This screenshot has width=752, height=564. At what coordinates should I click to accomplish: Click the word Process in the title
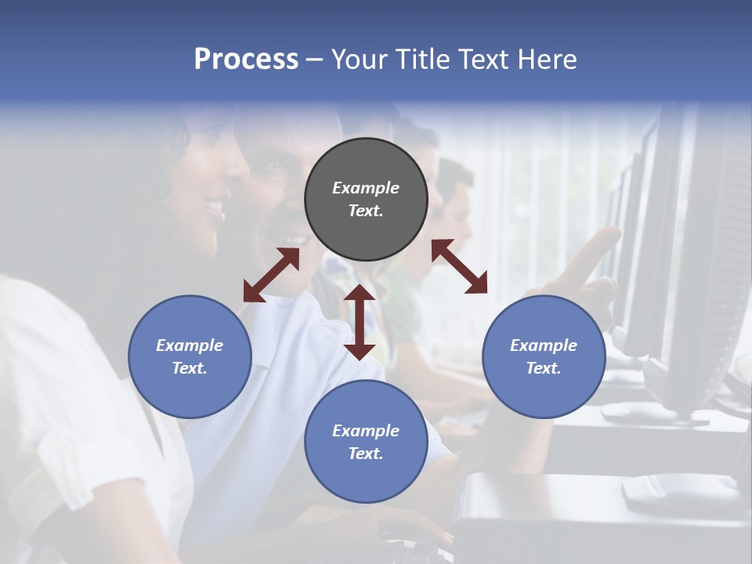coord(246,60)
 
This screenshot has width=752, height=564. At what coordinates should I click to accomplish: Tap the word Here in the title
coord(546,60)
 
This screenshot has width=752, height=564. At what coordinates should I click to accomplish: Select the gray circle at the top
coord(366,200)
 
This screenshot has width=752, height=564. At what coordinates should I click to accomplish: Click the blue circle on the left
coord(190,356)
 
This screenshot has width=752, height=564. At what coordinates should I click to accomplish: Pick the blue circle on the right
coord(544,356)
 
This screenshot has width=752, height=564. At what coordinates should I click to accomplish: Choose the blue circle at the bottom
coord(366,442)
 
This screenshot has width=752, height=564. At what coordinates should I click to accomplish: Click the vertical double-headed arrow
coord(360,323)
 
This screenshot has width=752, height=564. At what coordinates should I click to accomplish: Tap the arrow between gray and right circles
coord(459,266)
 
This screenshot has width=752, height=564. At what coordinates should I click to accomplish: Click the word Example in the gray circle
coord(366,188)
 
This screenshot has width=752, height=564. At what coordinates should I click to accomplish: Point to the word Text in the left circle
coord(190,368)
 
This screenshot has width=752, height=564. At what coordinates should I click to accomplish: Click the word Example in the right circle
coord(544,345)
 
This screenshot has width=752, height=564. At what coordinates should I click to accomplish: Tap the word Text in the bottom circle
coord(366,454)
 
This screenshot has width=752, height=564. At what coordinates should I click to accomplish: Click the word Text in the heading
coord(486,60)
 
